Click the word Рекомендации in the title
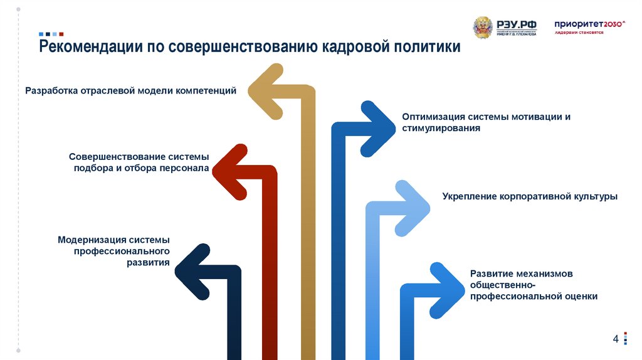point(91,48)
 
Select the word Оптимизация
point(433,117)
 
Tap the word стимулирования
point(441,128)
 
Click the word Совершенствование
point(117,157)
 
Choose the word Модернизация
point(92,240)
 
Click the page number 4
point(616,339)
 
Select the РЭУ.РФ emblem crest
point(483,28)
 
